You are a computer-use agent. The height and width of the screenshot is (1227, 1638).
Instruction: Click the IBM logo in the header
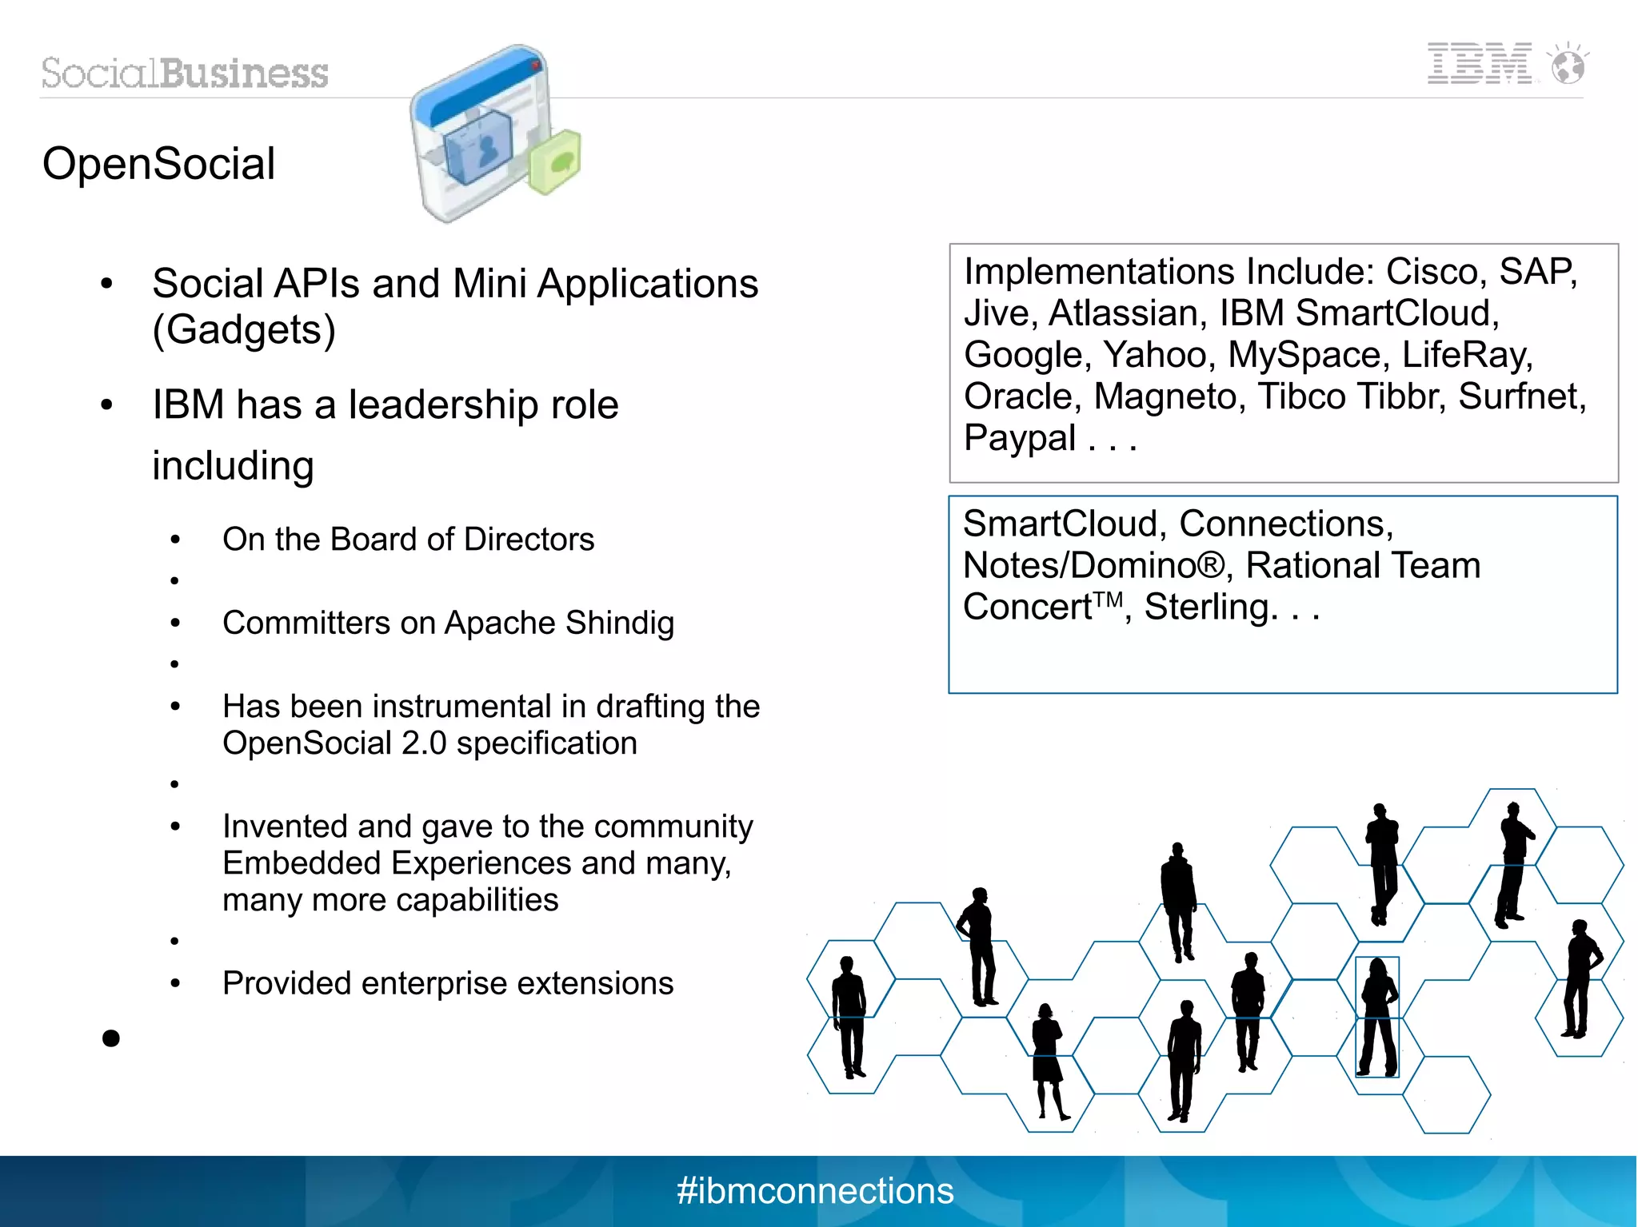point(1479,63)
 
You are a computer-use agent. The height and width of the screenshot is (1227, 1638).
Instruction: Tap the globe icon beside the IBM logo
point(1568,65)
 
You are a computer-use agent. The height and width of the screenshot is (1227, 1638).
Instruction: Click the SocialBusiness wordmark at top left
point(185,74)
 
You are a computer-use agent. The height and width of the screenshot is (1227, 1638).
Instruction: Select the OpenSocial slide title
point(158,164)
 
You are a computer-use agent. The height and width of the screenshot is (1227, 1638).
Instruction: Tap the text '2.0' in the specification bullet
point(424,743)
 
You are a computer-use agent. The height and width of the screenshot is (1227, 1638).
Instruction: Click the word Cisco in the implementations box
point(1435,272)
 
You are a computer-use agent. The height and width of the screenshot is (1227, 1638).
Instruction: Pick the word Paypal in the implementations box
point(1020,438)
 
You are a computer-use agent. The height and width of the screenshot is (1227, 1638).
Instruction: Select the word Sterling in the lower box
point(1205,608)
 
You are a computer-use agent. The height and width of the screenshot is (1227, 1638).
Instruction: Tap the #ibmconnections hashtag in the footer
point(815,1191)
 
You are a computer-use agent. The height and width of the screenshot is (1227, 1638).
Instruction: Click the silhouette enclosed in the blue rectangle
point(1377,1017)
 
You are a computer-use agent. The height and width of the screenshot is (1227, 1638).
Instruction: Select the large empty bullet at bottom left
point(111,1038)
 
